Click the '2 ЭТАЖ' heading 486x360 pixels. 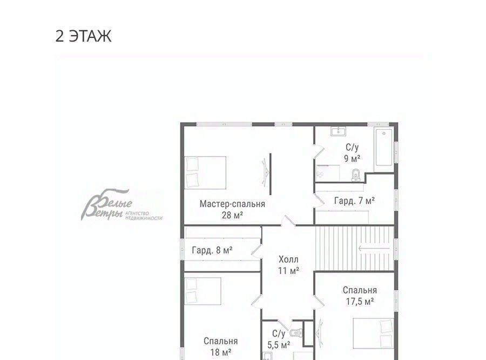[x=83, y=36]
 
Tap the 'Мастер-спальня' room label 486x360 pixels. [x=232, y=204]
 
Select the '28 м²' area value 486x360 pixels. [x=232, y=215]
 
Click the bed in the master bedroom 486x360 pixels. [x=205, y=172]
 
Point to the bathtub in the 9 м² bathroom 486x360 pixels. [x=384, y=148]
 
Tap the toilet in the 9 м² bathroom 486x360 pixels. [x=356, y=175]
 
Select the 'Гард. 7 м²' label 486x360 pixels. [x=354, y=201]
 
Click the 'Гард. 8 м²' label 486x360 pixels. [x=212, y=250]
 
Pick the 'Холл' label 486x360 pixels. [x=288, y=259]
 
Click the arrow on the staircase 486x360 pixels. [x=374, y=248]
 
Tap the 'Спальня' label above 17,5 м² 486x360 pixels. [x=360, y=290]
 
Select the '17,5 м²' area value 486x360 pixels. [x=360, y=301]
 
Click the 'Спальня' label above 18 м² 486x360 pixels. [x=221, y=341]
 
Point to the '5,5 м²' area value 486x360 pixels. [x=279, y=345]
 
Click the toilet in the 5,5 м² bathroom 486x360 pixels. [x=296, y=333]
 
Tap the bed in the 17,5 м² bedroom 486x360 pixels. [x=374, y=333]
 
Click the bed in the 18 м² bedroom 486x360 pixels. [x=202, y=291]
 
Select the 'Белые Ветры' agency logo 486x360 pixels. [x=122, y=205]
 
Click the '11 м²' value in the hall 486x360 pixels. [x=288, y=271]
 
